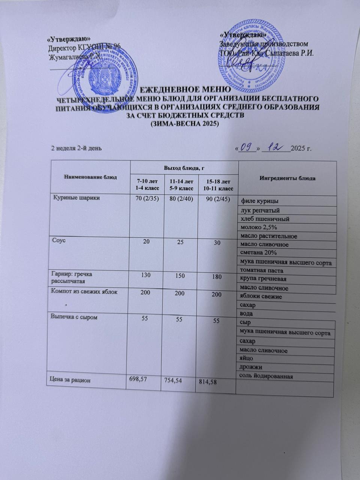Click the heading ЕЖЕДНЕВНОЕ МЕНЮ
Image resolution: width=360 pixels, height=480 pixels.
click(184, 90)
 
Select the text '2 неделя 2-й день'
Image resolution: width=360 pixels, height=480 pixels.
click(76, 148)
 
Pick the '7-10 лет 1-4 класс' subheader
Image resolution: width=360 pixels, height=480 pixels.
click(144, 184)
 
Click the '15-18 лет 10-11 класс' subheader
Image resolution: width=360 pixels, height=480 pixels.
click(217, 185)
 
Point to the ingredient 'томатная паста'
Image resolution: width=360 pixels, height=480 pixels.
click(262, 270)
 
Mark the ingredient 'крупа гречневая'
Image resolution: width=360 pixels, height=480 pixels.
click(263, 279)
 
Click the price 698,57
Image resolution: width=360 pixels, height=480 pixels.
click(137, 379)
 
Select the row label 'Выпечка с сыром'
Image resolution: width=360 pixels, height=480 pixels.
click(74, 317)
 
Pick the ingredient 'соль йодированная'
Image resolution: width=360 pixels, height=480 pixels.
click(266, 376)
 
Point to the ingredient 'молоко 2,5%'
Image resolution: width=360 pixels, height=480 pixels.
click(259, 227)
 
